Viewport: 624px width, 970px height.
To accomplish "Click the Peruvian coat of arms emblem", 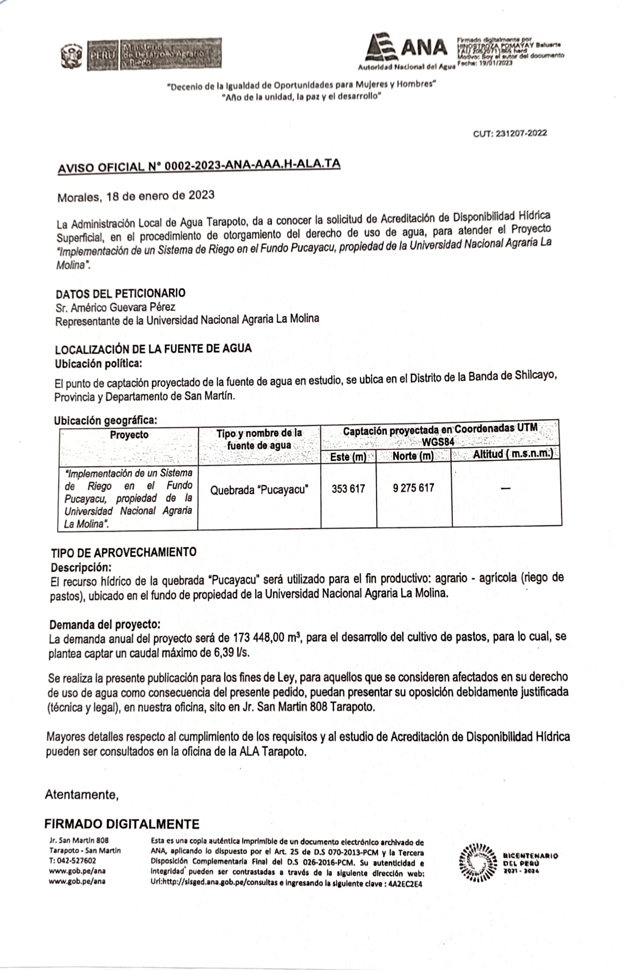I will point(71,56).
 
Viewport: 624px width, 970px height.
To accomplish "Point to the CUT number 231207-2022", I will point(510,133).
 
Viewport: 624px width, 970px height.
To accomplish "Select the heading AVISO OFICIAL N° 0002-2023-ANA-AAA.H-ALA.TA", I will point(198,166).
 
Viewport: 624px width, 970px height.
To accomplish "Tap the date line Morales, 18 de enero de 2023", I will point(136,196).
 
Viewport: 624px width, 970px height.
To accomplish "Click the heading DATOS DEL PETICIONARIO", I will point(120,293).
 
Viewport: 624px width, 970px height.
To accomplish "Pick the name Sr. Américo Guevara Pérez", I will point(115,307).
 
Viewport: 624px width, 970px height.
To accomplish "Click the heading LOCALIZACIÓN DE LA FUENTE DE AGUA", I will point(153,349).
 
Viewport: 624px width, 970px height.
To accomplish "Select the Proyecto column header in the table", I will point(129,435).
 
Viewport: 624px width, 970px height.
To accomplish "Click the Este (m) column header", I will point(348,457).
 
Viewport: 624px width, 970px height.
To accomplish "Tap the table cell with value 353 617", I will point(348,489).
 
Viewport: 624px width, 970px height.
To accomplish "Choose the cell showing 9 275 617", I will point(413,488).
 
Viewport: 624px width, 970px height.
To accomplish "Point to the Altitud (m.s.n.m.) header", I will point(513,454).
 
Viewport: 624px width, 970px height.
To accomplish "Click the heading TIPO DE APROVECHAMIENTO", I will point(123,552).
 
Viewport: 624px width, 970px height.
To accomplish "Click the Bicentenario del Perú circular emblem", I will point(478,862).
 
